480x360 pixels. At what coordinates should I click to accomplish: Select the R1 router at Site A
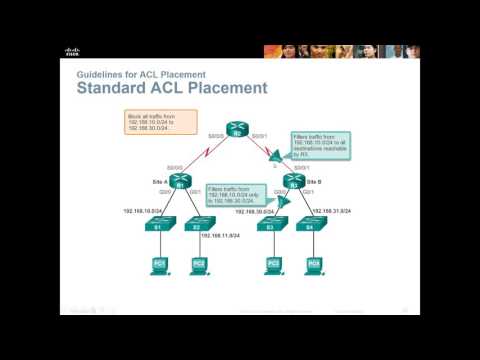180,183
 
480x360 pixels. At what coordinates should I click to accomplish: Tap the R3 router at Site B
293,183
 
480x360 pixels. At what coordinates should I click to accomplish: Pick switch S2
200,225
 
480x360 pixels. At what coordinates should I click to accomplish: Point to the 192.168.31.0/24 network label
330,211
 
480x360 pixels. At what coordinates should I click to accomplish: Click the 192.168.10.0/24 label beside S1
142,211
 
